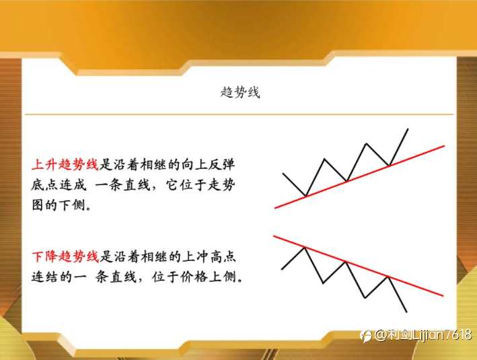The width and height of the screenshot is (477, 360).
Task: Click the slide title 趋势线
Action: tap(240, 92)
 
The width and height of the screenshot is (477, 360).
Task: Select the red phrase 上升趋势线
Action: tap(65, 164)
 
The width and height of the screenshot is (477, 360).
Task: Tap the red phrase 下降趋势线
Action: tap(65, 256)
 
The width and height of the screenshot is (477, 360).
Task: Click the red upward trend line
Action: tap(359, 177)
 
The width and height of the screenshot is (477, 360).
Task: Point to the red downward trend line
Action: tap(359, 266)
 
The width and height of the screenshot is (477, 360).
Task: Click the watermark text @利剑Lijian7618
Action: tap(423, 335)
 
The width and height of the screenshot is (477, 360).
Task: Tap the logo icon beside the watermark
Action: tap(366, 336)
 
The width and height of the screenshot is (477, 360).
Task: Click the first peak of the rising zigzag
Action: tap(324, 159)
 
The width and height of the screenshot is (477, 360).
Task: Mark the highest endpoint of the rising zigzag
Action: tap(408, 129)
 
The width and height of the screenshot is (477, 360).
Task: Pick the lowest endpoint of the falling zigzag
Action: tap(406, 312)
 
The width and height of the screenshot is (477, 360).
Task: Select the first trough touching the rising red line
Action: tap(305, 196)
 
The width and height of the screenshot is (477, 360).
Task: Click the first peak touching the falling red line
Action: tap(305, 247)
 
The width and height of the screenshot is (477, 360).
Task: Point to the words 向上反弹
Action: tap(209, 164)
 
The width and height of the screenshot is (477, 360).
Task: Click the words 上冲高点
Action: tap(209, 256)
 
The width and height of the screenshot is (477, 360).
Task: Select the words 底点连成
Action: tap(59, 185)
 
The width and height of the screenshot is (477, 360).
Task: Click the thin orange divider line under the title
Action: tap(239, 114)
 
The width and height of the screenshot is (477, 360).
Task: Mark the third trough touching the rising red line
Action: tap(389, 166)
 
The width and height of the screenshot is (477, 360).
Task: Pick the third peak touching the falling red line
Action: tap(388, 277)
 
